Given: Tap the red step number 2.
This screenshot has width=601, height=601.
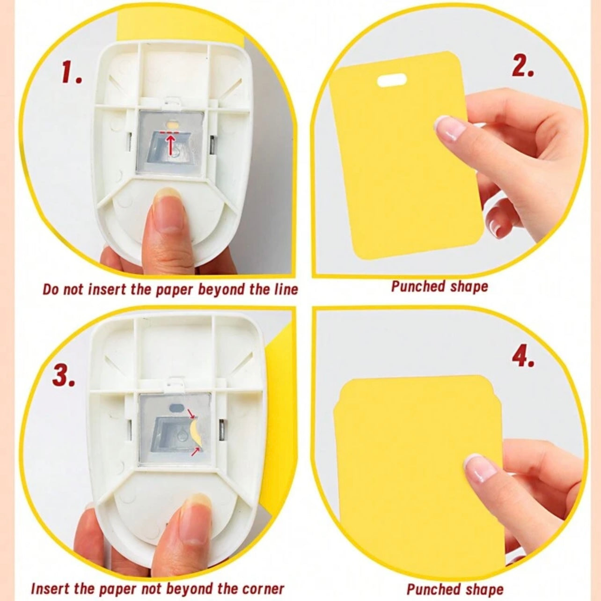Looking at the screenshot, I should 522,67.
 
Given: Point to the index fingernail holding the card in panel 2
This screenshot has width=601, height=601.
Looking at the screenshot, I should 449,128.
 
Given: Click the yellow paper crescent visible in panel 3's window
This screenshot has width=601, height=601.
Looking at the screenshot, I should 196,432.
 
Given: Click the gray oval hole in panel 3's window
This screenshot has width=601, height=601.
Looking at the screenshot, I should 178,407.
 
